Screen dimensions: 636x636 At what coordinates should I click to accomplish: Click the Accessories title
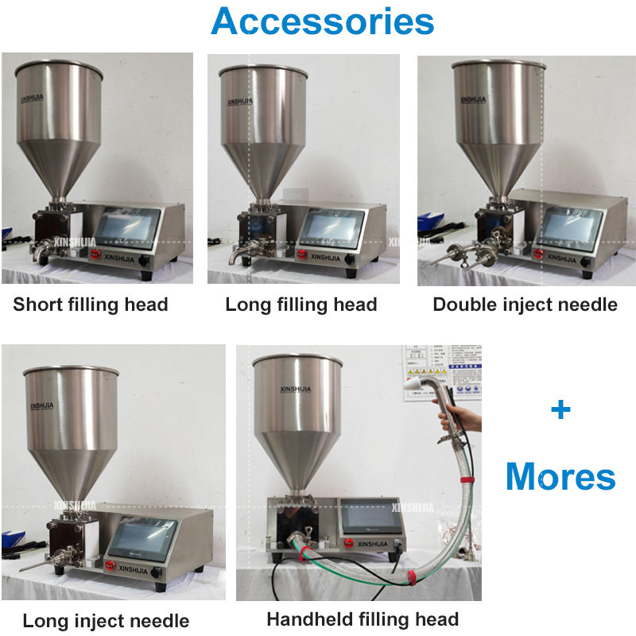(x=322, y=21)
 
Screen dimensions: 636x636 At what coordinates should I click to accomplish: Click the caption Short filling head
(x=91, y=304)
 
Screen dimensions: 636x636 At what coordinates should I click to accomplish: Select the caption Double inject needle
(x=525, y=304)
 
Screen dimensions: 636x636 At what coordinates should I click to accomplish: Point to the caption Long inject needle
(x=106, y=621)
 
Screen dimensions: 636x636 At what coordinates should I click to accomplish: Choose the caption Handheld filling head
(x=363, y=619)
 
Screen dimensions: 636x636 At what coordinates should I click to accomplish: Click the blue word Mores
(x=560, y=477)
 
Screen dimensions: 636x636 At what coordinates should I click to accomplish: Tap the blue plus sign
(x=560, y=409)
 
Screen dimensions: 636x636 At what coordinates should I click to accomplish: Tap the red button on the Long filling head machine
(x=302, y=254)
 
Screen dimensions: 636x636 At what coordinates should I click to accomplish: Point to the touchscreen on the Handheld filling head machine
(x=371, y=518)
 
